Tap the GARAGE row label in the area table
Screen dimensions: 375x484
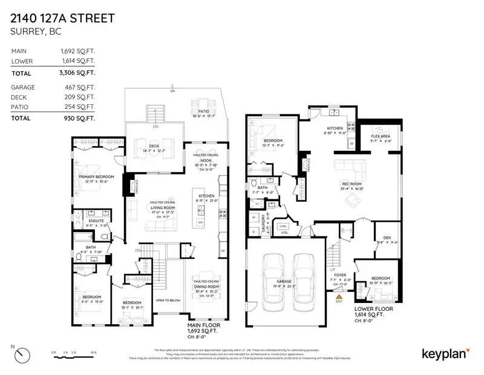23,87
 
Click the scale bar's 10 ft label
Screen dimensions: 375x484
93,351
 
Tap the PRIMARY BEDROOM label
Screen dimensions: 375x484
93,176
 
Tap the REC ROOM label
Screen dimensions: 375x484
349,184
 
